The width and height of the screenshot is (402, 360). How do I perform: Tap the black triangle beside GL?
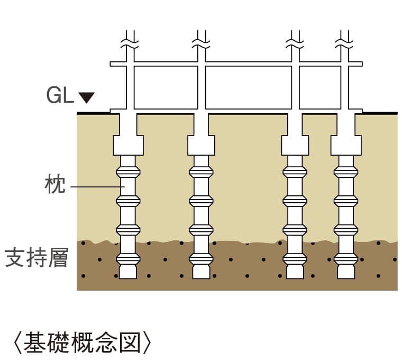click(86, 97)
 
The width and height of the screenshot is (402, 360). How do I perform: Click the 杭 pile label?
click(54, 186)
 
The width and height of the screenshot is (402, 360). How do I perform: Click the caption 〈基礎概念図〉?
click(83, 343)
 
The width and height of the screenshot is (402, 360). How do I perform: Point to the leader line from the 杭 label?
click(95, 187)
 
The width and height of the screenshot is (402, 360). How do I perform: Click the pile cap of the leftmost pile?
click(128, 145)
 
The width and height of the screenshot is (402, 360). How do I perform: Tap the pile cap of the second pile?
click(202, 145)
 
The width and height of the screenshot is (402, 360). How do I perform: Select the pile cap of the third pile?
click(295, 145)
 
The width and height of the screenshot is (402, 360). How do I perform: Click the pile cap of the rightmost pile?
click(346, 145)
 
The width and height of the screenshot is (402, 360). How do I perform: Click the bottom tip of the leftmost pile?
click(128, 272)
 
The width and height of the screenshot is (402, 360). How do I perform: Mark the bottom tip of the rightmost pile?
click(346, 272)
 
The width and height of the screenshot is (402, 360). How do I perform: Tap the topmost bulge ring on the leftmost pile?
click(128, 172)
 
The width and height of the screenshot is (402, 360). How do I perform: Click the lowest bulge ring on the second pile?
click(202, 259)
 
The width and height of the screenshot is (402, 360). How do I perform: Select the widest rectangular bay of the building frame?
click(248, 87)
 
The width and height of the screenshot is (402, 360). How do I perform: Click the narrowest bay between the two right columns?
click(320, 87)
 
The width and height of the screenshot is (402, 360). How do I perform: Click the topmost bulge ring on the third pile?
click(295, 172)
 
